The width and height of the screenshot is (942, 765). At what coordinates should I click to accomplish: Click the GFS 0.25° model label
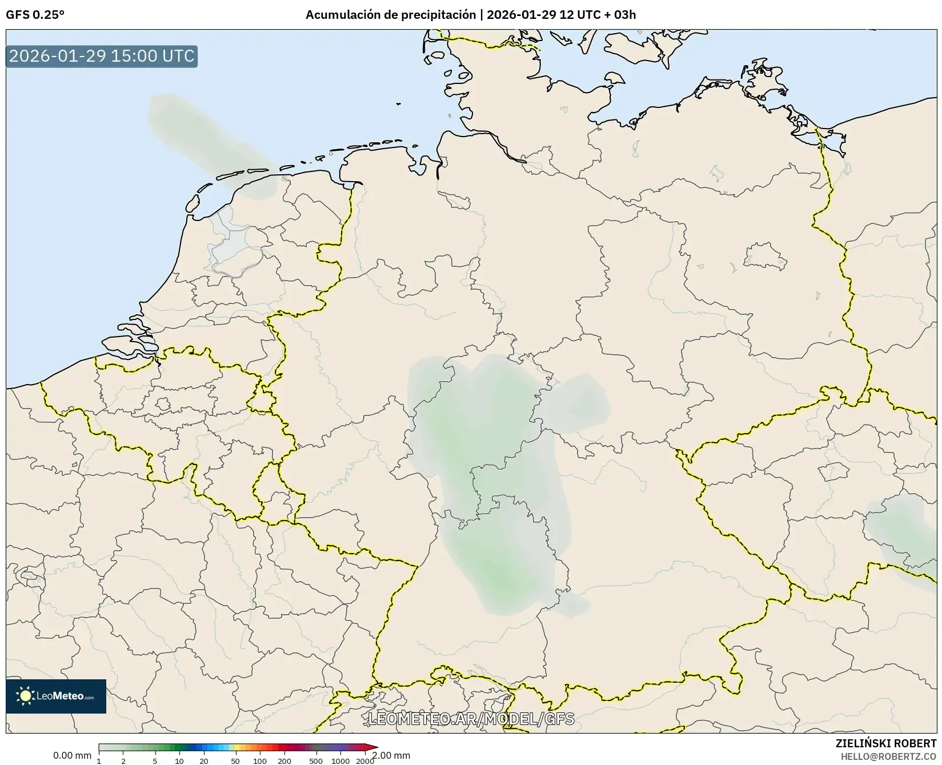point(35,15)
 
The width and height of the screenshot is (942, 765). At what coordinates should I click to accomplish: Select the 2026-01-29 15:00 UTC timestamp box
point(102,57)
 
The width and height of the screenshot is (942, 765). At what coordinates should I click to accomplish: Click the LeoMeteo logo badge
point(56,696)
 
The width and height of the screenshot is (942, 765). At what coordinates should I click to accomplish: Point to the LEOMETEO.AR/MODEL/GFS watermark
point(471,719)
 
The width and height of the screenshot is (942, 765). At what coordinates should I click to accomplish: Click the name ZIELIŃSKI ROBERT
point(885,744)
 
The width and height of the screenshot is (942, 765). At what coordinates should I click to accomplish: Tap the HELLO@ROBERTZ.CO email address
point(888,756)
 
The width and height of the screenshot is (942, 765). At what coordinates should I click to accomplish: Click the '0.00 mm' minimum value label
point(72,755)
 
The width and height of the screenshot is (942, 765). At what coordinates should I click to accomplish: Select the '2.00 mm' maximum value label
point(391,755)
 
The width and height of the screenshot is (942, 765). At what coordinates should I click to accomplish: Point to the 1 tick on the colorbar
point(99,761)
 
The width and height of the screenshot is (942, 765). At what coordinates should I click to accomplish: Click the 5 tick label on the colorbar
point(155,761)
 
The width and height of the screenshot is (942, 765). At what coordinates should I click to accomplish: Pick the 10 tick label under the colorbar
point(179,761)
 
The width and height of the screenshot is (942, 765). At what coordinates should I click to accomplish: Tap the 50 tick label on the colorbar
point(235,761)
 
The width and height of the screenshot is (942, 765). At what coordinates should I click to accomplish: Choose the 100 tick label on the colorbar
point(260,761)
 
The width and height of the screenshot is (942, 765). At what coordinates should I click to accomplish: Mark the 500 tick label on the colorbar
point(316,761)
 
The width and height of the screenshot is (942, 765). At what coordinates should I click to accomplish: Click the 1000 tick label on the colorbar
point(340,761)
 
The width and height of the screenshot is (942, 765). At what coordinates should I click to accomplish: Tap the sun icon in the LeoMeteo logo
point(25,696)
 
